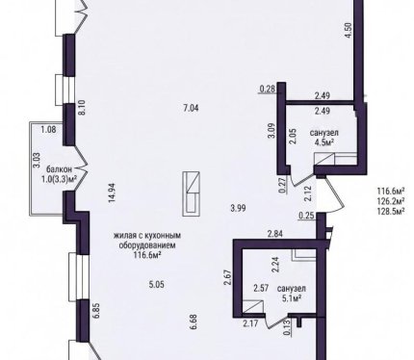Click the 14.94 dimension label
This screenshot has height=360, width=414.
112,193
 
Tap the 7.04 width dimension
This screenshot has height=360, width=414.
191,108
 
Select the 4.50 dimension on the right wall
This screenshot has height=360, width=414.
349,31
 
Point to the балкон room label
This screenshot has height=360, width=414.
59,169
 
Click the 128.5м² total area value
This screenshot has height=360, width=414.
391,212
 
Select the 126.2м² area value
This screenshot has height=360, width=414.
391,201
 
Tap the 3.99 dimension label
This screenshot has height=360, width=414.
238,209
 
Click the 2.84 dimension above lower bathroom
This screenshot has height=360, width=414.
275,234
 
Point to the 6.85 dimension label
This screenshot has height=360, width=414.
96,311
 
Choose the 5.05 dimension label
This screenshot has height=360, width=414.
157,284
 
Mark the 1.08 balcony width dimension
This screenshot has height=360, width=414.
48,130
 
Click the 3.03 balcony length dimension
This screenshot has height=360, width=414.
37,161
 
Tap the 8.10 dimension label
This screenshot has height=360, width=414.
81,108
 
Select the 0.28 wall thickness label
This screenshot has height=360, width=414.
268,89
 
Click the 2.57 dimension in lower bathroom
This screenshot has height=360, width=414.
261,288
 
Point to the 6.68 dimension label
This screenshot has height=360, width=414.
194,321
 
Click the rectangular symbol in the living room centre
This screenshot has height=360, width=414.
192,193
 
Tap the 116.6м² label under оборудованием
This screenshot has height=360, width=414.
147,255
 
